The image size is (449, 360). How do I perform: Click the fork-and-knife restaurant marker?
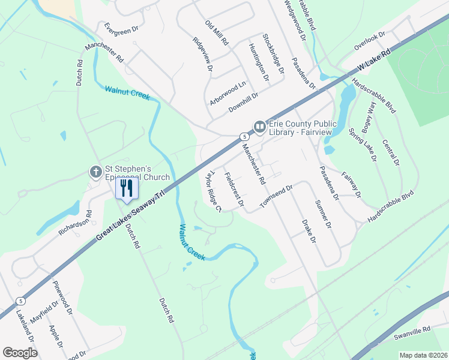click(x=126, y=188)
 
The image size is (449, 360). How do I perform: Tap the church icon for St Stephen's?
click(x=95, y=172)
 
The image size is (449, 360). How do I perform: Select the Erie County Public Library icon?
click(x=259, y=127)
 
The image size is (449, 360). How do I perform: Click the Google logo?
click(x=19, y=353)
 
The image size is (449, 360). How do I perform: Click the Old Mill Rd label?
click(x=217, y=34)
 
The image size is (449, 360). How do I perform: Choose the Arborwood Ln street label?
click(x=228, y=94)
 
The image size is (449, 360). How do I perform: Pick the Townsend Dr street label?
click(x=276, y=197)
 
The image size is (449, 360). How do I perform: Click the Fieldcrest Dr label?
click(x=234, y=190)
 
